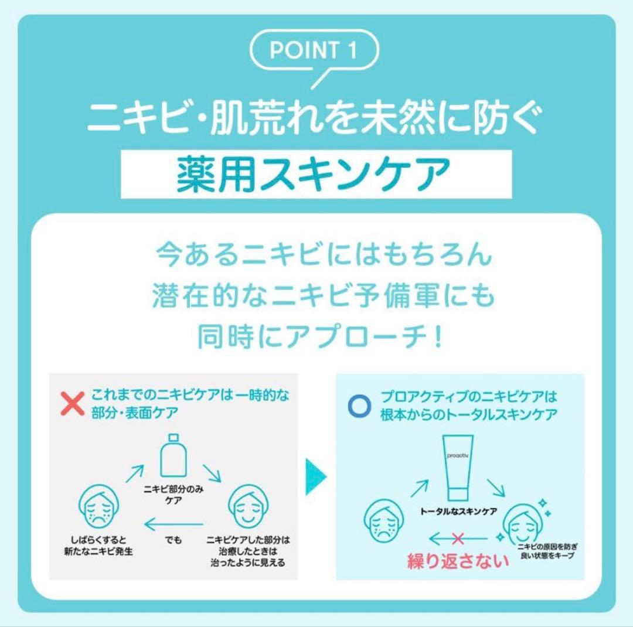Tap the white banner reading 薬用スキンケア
(316, 174)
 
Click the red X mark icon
(73, 403)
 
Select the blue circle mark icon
(359, 405)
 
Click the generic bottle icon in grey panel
(173, 456)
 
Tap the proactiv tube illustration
(458, 468)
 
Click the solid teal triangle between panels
(316, 477)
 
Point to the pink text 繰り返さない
(458, 561)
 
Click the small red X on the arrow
(458, 538)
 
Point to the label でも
(173, 540)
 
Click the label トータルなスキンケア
(458, 512)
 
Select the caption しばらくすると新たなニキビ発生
(98, 546)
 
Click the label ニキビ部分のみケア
(173, 495)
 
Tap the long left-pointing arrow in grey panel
(173, 524)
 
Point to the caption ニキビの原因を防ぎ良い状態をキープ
(547, 551)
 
